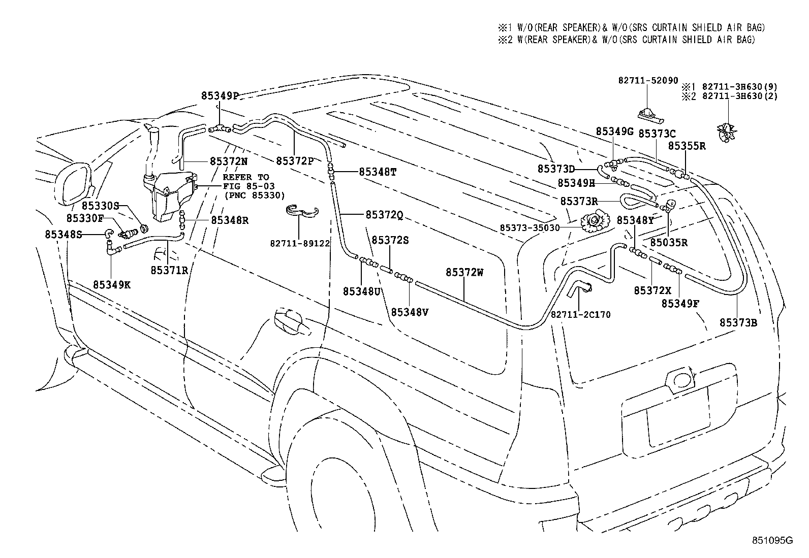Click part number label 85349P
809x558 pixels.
coord(220,96)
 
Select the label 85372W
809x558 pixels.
coord(464,273)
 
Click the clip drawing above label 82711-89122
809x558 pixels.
coord(301,210)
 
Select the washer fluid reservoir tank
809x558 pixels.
coord(170,195)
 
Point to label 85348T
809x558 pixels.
coord(377,172)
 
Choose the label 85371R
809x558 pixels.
coord(169,270)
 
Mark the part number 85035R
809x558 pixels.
coord(669,243)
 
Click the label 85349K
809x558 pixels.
coord(111,285)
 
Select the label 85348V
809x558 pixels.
coord(410,312)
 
